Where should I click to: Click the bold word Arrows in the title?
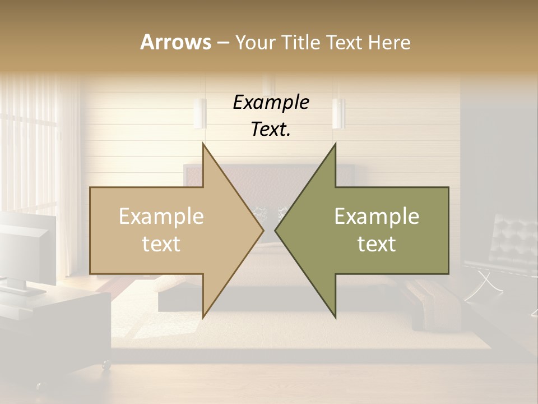175,42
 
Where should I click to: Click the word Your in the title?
256,43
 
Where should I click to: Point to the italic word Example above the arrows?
271,102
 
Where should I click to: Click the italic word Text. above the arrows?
271,129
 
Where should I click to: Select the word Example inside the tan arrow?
161,217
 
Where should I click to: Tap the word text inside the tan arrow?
161,244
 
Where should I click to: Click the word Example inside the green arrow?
377,217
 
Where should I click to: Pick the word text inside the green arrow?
377,244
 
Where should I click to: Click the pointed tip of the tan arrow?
262,230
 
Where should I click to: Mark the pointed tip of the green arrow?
276,230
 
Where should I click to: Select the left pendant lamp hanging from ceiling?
200,113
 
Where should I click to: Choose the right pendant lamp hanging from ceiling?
338,113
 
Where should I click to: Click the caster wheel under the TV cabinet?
105,365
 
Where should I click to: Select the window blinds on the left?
28,146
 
